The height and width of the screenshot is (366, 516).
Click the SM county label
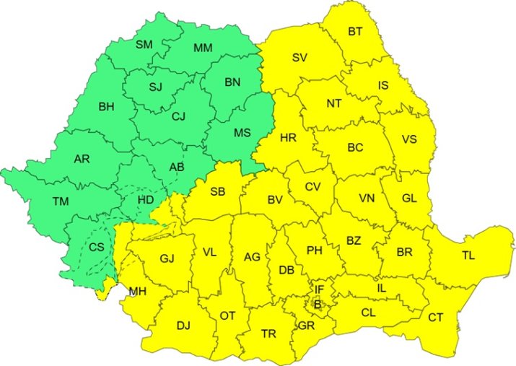click(144, 45)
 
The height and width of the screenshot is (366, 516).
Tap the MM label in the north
click(203, 48)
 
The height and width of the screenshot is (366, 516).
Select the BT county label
click(355, 31)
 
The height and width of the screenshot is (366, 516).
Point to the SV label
click(300, 58)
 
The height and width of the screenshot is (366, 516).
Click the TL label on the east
click(468, 255)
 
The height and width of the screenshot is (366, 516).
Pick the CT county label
click(435, 317)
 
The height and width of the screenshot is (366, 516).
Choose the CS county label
click(97, 247)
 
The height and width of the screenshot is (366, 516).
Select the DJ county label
click(183, 326)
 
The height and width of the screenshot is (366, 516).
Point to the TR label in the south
click(268, 334)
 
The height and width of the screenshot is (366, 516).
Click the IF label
click(319, 289)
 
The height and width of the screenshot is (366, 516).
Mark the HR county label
click(288, 137)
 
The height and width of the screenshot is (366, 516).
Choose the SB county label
click(217, 191)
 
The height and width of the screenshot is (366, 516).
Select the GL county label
click(409, 198)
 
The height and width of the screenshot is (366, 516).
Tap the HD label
click(145, 200)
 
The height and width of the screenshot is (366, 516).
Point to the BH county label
click(106, 107)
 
